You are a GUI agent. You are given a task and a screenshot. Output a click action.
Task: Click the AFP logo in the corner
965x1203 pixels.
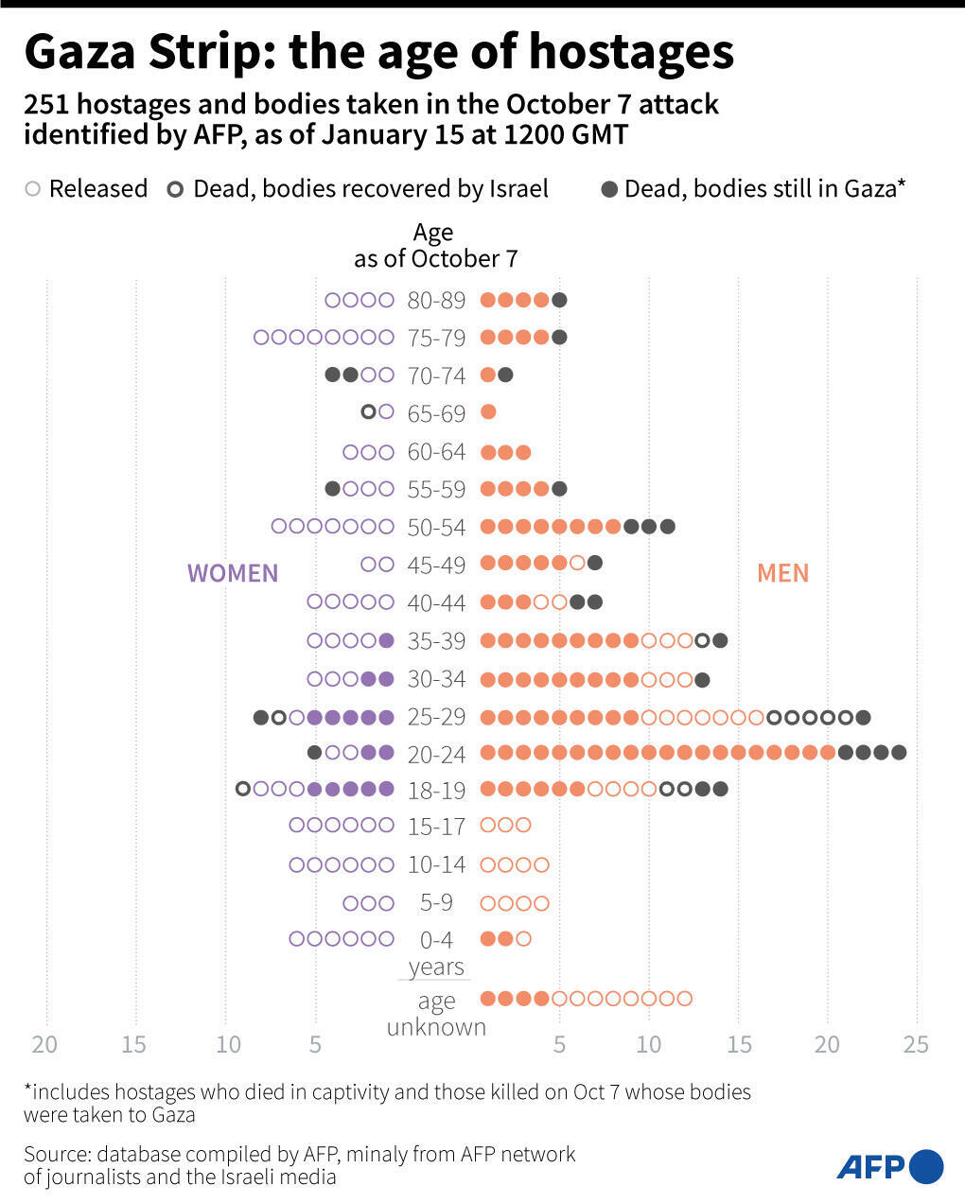(x=889, y=1166)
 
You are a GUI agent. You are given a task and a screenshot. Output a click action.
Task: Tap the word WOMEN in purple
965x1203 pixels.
(x=233, y=573)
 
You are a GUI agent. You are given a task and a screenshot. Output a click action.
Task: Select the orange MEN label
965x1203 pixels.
(x=782, y=573)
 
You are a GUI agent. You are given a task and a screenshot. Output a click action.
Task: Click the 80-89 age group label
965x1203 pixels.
(x=436, y=301)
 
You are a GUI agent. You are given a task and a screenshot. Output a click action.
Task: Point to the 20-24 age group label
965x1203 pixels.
(x=436, y=754)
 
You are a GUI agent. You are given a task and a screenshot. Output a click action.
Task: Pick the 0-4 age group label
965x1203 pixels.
(x=436, y=940)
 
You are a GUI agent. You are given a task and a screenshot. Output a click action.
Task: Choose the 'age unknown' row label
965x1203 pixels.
(x=436, y=1014)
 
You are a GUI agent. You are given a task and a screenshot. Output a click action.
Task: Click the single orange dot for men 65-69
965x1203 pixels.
(x=488, y=412)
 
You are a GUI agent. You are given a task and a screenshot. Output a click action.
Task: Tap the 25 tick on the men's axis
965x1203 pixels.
(x=916, y=1045)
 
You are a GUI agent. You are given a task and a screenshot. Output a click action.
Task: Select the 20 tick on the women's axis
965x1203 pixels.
(x=44, y=1045)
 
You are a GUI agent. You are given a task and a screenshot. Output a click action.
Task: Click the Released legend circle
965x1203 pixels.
(x=33, y=189)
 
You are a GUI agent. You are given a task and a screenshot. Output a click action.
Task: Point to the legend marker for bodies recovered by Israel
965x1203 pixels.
(x=176, y=189)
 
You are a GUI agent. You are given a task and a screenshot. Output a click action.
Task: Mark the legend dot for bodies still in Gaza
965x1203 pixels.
(x=609, y=189)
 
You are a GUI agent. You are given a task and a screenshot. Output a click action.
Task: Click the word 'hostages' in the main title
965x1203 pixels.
(x=631, y=52)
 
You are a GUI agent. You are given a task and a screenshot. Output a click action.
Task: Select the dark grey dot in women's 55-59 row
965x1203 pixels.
(x=332, y=489)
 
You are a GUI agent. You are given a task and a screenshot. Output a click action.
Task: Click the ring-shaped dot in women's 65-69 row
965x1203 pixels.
(x=369, y=412)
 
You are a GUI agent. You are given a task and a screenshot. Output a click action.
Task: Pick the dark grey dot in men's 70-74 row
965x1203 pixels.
(x=505, y=375)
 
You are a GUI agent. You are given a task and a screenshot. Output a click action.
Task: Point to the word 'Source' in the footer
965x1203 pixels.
(x=57, y=1154)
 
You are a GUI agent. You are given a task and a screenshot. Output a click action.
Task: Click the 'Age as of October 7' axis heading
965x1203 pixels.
(x=434, y=246)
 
